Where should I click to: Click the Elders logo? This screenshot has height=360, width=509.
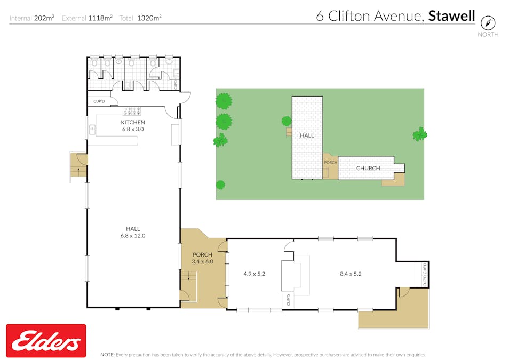point(46,340)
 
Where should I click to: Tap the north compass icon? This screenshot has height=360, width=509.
point(488,23)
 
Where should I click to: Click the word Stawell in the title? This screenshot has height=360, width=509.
point(451,16)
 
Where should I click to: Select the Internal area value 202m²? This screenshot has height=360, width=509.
point(44,18)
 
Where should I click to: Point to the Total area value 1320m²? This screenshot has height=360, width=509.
point(149,18)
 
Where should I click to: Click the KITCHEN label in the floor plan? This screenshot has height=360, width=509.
point(133,122)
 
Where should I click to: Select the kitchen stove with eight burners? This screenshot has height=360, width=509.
point(131,111)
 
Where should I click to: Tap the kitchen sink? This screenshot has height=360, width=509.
point(92,130)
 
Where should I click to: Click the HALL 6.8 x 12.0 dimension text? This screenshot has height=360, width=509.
point(133,236)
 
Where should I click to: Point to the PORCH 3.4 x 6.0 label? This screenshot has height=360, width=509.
point(202,258)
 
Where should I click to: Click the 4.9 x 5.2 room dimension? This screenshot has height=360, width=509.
point(254,274)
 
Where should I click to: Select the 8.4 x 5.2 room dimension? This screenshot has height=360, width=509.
point(351,274)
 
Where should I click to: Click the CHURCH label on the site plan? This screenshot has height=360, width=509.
point(368,168)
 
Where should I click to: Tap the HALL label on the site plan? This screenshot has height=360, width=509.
point(307,135)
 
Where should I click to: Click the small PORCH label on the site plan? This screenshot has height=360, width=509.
point(330,162)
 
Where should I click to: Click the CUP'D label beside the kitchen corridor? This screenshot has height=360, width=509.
point(99,101)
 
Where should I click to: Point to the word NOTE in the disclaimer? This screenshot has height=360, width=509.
point(107,355)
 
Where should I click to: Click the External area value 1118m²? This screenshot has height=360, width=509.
point(100,18)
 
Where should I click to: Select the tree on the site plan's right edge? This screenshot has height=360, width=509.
point(420,134)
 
